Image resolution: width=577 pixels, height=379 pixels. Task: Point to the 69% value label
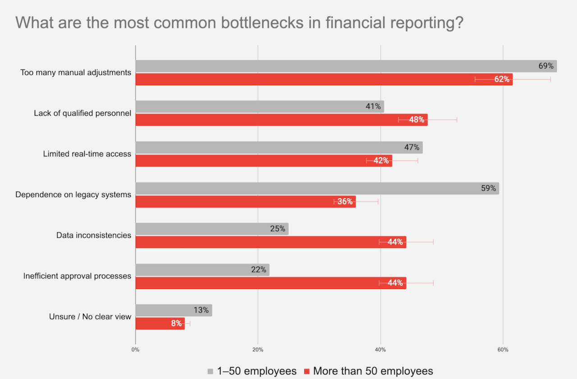(546, 66)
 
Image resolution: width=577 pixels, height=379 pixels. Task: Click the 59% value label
(488, 188)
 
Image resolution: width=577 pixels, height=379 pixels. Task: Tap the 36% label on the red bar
(345, 201)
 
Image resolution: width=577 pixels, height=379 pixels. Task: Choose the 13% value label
(201, 310)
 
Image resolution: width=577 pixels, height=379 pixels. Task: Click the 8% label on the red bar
(176, 324)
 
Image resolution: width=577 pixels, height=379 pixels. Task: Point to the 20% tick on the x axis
(258, 350)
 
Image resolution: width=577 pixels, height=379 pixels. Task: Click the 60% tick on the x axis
(503, 350)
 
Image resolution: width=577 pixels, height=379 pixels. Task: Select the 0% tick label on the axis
(135, 350)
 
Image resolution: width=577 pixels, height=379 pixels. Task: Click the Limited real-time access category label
(87, 154)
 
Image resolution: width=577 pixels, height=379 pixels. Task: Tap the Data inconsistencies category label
(94, 235)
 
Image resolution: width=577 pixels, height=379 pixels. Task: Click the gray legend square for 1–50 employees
(210, 371)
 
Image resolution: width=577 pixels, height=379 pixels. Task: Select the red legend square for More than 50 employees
(307, 371)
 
